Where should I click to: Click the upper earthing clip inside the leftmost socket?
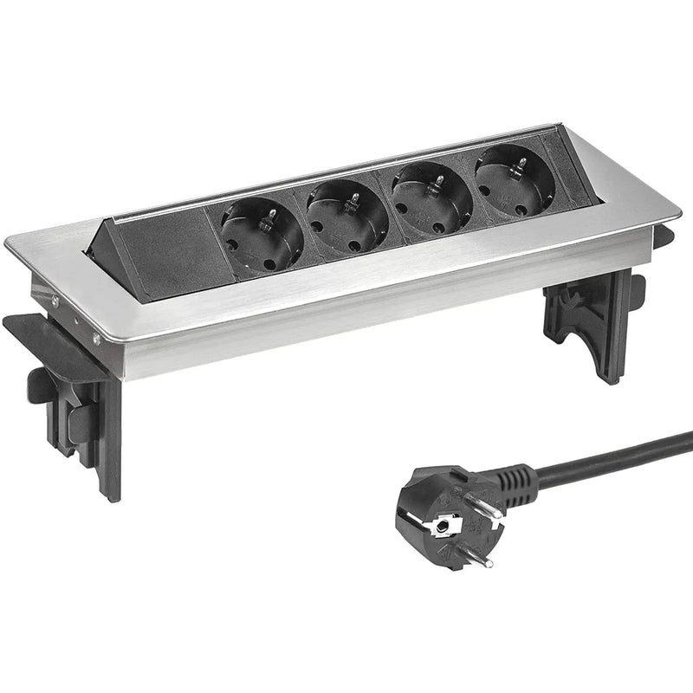271,213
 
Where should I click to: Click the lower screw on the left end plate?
95,340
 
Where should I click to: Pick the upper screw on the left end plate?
55,301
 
